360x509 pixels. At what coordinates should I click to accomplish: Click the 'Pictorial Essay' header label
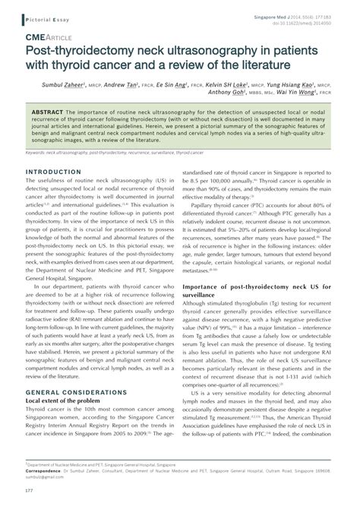[x=39, y=16]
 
